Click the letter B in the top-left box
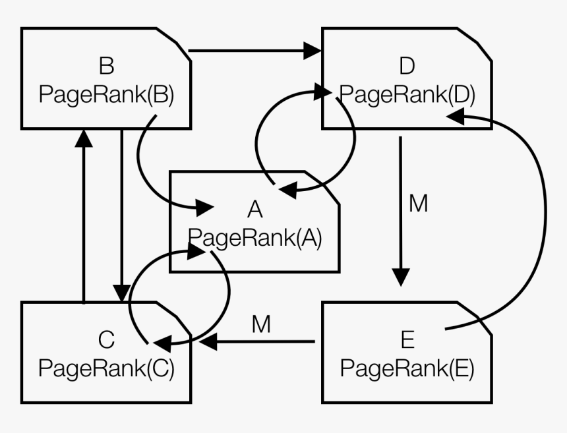(106, 67)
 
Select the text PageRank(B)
(106, 95)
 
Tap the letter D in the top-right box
(407, 66)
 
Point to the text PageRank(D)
(407, 95)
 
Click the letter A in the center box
(255, 210)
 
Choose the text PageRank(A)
(255, 237)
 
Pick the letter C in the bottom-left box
(106, 341)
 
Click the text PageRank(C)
(106, 368)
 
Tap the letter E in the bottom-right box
(407, 341)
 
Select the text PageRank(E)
(407, 368)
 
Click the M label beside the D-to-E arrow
(418, 204)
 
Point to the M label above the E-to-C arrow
(261, 325)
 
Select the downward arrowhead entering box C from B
(122, 292)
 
